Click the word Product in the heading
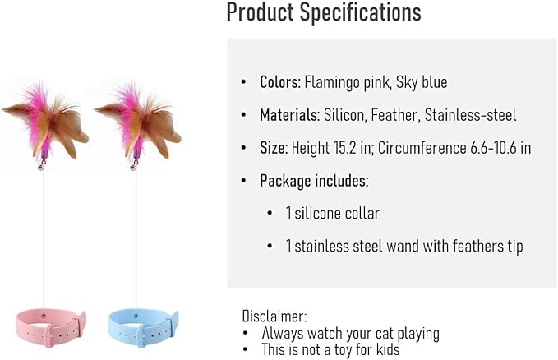tap(261, 13)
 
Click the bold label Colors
tap(279, 82)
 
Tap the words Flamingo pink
tap(339, 82)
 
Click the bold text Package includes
tap(314, 181)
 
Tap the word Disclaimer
tap(274, 316)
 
